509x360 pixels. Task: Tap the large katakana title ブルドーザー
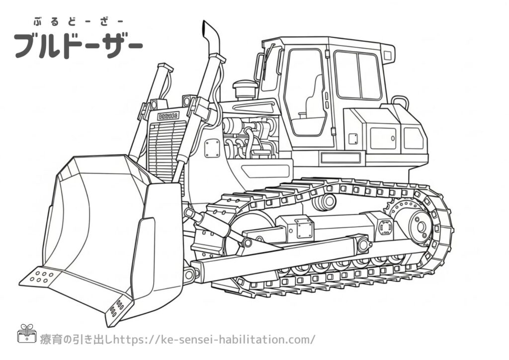[x=78, y=45]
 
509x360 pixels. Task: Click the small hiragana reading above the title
[x=78, y=22]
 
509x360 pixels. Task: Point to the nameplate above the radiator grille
[x=168, y=115]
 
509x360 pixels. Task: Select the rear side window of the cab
[x=357, y=75]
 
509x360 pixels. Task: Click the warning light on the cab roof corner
[x=389, y=56]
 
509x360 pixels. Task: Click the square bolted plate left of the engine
[x=212, y=148]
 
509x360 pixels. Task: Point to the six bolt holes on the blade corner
[x=42, y=275]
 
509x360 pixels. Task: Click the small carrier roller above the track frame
[x=324, y=202]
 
